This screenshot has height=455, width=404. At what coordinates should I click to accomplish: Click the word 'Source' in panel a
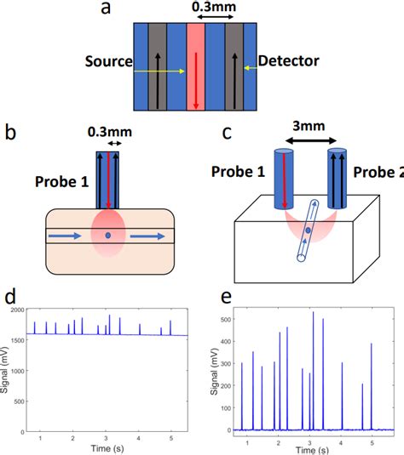(108, 62)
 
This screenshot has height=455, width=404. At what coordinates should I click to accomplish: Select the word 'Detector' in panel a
(289, 61)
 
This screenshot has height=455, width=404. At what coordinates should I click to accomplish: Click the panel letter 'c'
(226, 133)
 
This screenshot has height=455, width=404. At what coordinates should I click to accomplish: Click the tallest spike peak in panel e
(313, 312)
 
